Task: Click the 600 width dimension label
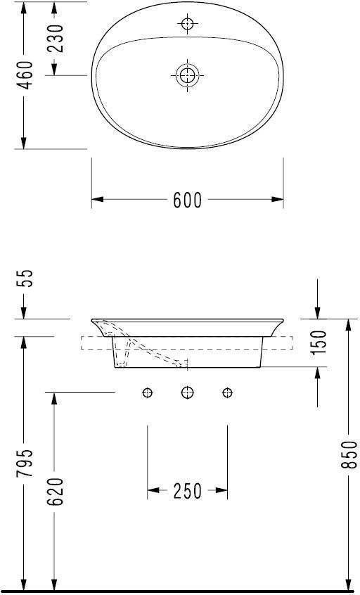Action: click(188, 200)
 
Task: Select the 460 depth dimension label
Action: click(27, 75)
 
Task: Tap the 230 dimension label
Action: click(56, 39)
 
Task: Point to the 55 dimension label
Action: click(27, 279)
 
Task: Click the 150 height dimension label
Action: click(319, 343)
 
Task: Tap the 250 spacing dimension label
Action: click(188, 491)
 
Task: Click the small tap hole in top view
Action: click(188, 24)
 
